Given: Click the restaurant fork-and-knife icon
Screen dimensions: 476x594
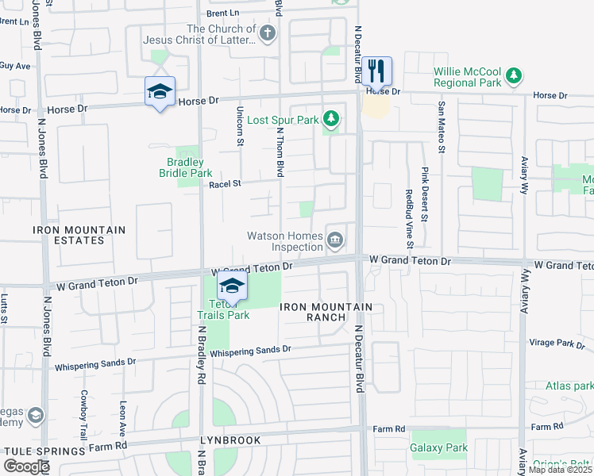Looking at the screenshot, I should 376,71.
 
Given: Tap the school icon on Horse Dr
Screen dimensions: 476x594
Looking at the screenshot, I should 160,92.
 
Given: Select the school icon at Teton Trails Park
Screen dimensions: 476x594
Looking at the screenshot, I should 232,286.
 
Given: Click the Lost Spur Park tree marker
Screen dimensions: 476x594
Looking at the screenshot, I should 331,121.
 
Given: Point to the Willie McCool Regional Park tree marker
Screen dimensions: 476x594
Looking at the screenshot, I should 515,76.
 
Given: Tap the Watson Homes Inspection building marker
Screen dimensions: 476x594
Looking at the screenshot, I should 336,238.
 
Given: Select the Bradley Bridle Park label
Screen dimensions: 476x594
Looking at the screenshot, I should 185,167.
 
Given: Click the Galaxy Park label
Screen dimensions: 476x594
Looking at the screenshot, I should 438,447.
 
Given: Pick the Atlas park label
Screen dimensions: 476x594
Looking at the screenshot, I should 569,386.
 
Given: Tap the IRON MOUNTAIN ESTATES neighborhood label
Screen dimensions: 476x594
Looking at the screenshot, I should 79,235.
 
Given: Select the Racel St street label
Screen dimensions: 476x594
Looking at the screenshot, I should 225,184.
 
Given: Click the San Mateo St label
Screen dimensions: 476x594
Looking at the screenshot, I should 440,123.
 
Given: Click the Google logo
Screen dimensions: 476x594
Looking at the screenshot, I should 26,466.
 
